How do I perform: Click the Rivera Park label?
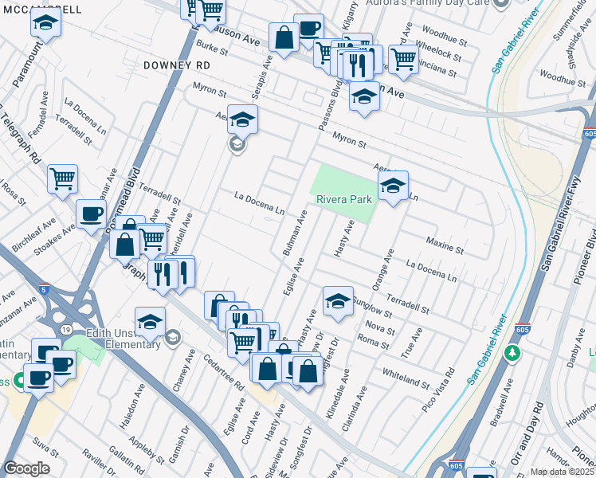(x=345, y=199)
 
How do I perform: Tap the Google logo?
(x=26, y=468)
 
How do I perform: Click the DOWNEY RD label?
(x=177, y=65)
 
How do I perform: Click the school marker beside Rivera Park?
(x=392, y=186)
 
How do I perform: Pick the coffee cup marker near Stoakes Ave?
(x=91, y=214)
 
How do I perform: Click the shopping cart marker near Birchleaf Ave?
(x=61, y=178)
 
